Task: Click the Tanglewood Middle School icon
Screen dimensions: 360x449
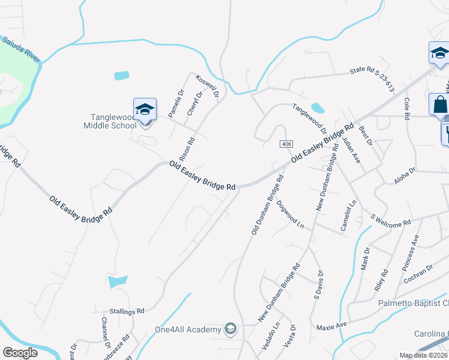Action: pos(145,110)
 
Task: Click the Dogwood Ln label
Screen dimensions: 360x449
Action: pos(291,214)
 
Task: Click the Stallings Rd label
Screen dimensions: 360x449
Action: pos(127,311)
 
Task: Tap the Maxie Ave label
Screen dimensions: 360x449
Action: pos(332,325)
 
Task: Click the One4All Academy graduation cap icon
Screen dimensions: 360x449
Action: pos(230,328)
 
